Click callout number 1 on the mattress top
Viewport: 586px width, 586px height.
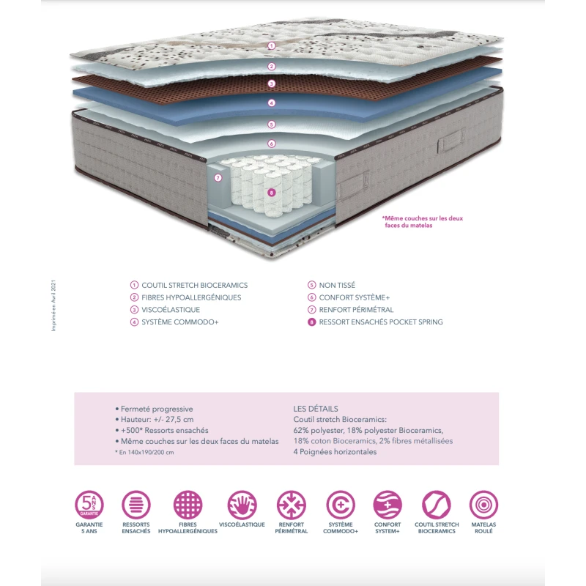coord(271,45)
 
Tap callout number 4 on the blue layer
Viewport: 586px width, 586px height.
coord(271,103)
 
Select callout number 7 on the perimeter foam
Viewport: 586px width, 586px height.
coord(218,177)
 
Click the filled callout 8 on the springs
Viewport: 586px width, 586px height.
coord(271,193)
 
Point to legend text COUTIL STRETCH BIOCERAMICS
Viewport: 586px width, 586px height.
coord(195,285)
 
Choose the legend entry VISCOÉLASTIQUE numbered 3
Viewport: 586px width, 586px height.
coord(171,310)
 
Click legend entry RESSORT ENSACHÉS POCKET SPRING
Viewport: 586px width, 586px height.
coord(381,322)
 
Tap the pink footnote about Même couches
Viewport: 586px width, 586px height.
coord(423,221)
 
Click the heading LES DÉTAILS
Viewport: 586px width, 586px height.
coord(316,409)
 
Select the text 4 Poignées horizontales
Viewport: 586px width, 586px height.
coord(335,452)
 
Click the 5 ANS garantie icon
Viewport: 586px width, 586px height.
coord(89,505)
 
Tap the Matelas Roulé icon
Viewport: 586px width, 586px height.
coord(483,505)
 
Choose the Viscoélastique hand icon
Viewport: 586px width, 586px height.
coord(242,505)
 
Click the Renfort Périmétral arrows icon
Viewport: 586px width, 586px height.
coord(291,505)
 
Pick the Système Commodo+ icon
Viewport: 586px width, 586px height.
coord(341,505)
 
